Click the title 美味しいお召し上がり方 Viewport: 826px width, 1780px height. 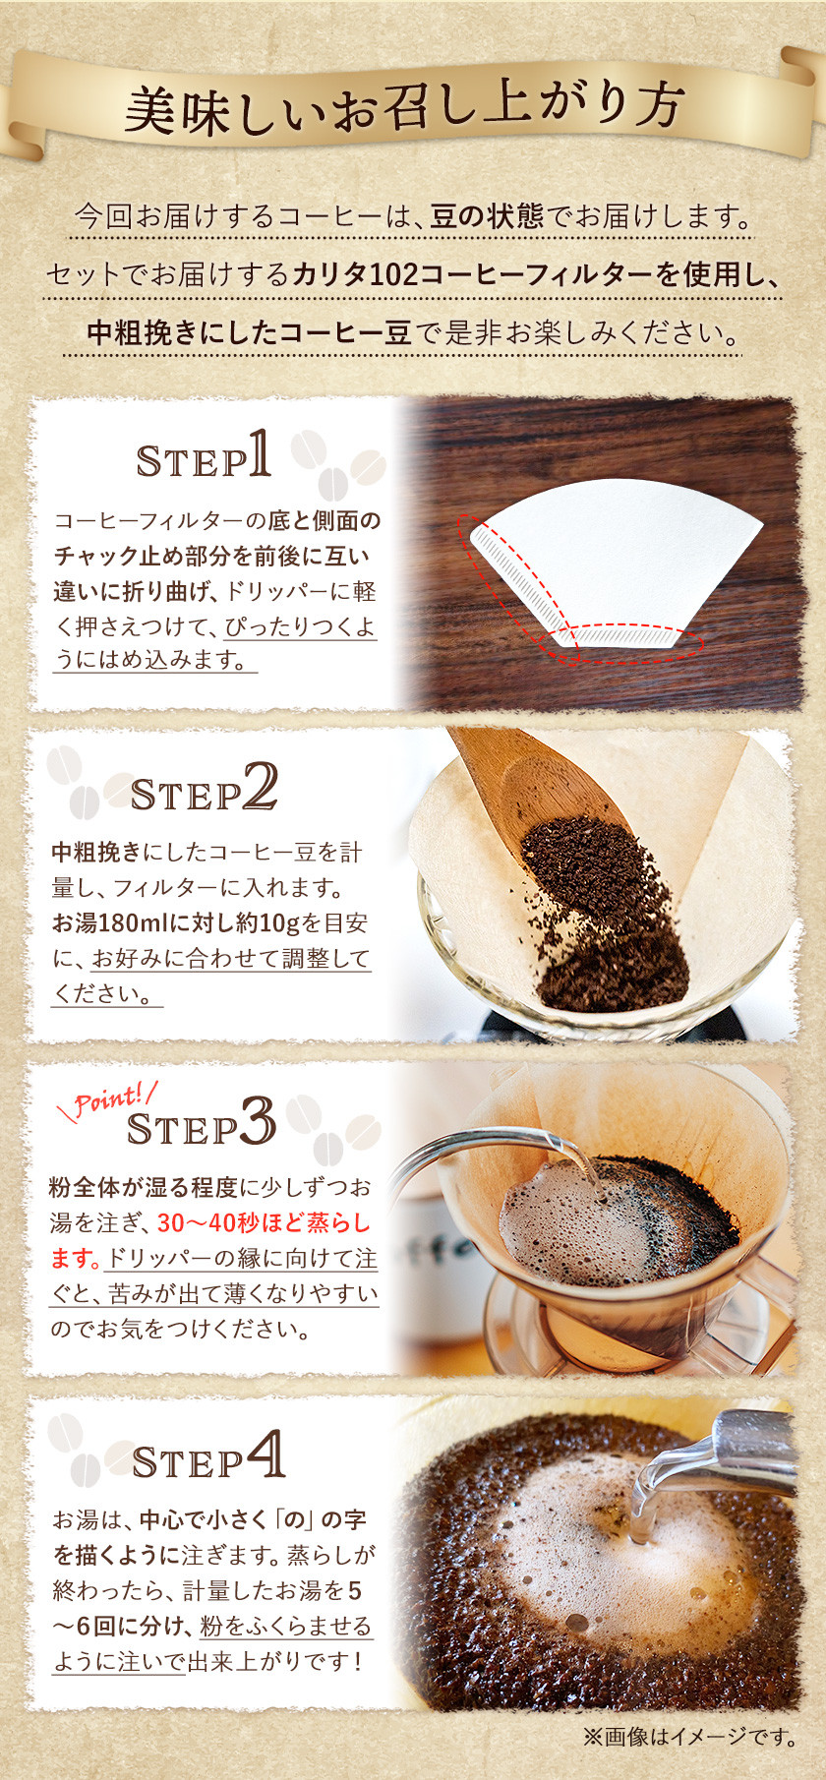pyautogui.click(x=404, y=108)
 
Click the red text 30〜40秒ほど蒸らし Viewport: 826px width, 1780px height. pyautogui.click(x=265, y=1223)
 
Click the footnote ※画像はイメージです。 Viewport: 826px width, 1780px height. pyautogui.click(x=690, y=1737)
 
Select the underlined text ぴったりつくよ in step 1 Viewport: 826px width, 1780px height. pyautogui.click(x=300, y=626)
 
